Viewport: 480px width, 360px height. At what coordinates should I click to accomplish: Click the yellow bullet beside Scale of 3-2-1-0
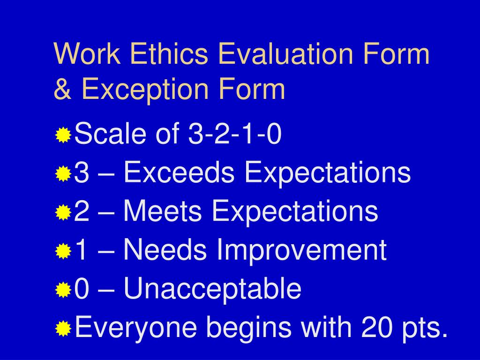(63, 136)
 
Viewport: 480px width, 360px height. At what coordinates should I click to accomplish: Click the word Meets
(163, 211)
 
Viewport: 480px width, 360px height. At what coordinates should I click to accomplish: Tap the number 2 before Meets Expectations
(82, 211)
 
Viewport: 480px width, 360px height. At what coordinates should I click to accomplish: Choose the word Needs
(165, 250)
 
